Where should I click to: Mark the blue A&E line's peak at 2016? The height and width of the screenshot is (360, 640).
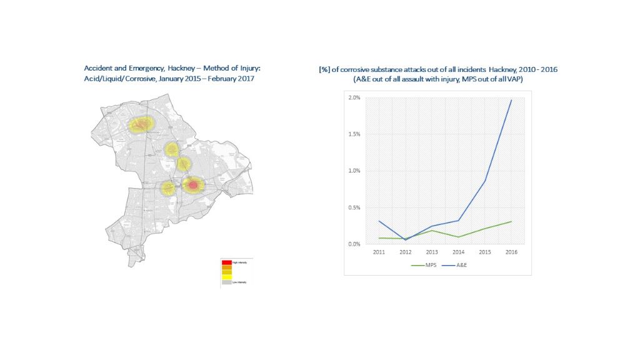click(511, 100)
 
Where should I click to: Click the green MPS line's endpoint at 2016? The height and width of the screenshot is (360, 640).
click(511, 221)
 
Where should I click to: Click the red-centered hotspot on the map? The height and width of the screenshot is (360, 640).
click(193, 185)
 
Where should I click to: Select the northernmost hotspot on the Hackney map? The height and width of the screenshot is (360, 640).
click(141, 124)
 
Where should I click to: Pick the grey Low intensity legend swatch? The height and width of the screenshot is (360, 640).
click(226, 282)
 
